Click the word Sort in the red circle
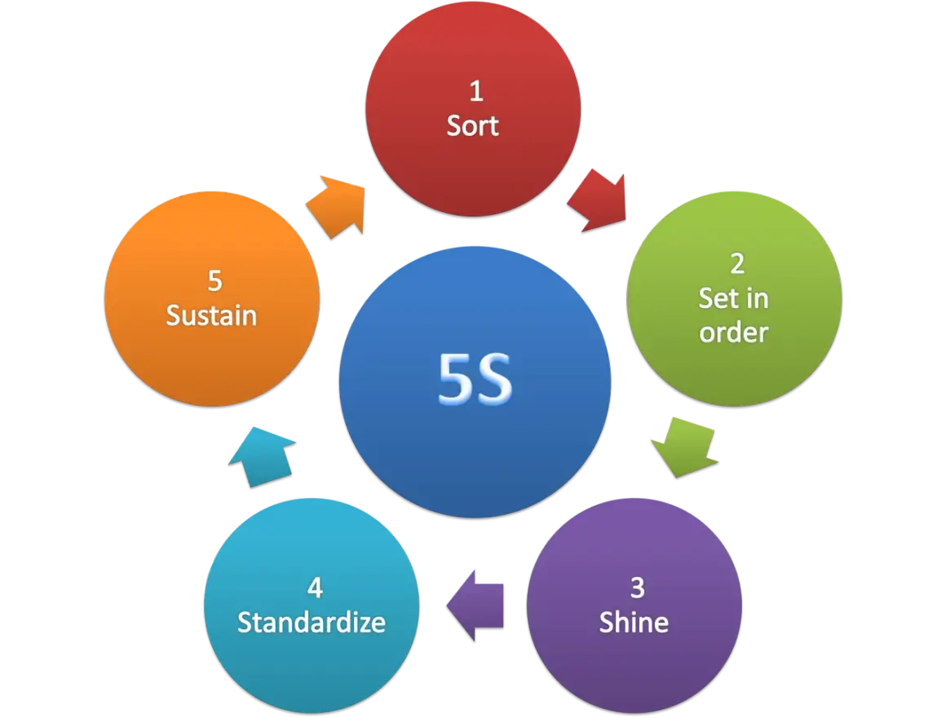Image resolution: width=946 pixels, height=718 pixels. point(472,126)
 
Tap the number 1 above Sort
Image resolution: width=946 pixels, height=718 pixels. point(476,91)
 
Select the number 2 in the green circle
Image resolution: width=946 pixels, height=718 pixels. point(736,263)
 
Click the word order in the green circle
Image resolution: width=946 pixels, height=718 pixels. point(734,333)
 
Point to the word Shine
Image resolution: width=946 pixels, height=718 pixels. point(634,622)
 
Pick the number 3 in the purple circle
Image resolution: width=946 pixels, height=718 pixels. point(638,588)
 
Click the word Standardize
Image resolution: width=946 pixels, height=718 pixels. point(312,622)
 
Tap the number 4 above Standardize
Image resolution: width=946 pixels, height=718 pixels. point(315,588)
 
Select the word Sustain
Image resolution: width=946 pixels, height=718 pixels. point(211,315)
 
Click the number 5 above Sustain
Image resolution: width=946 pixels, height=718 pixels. point(214,281)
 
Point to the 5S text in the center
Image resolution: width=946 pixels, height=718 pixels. point(475,378)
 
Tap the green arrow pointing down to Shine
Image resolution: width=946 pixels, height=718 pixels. point(686,447)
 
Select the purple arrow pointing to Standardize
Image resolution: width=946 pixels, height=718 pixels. point(475,606)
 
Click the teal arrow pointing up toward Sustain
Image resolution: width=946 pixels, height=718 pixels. point(262,456)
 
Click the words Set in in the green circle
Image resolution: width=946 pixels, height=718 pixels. point(734,298)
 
